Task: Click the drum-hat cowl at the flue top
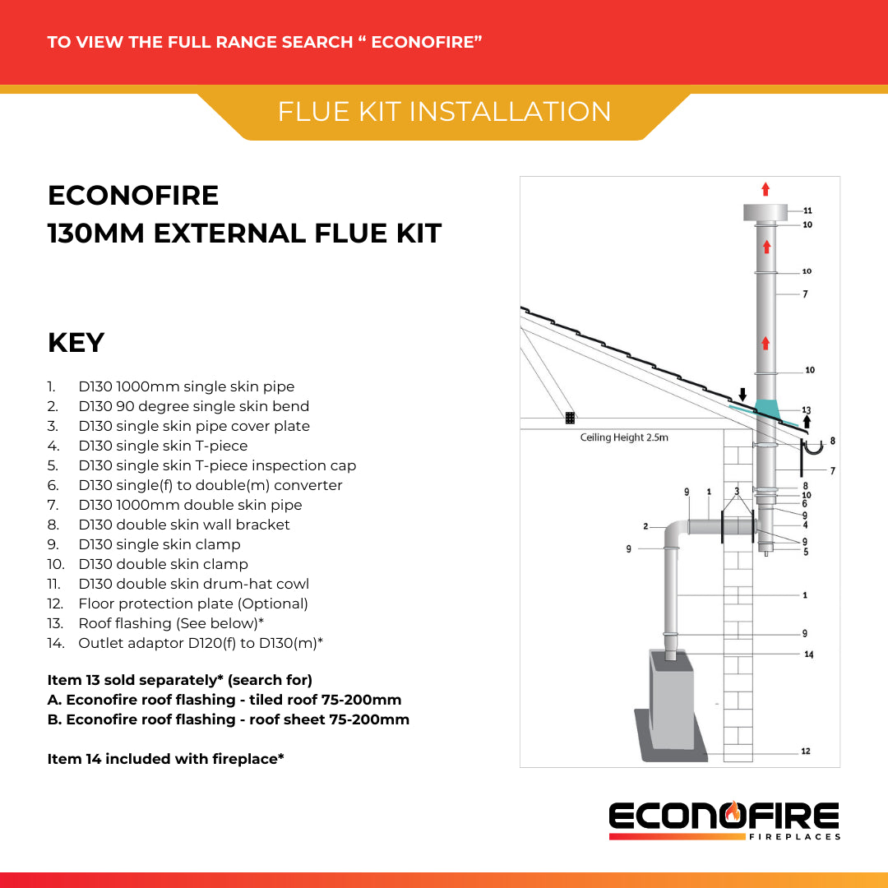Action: tap(765, 212)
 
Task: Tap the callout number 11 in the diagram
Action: tap(807, 211)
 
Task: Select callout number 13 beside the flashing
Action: tap(806, 410)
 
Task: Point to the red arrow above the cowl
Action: tap(765, 189)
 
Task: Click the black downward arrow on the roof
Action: tap(742, 395)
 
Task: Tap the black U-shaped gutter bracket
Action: tap(813, 448)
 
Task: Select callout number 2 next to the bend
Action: tap(646, 525)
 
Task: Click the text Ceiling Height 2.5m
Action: tap(624, 437)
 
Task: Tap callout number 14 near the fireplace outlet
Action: tap(808, 654)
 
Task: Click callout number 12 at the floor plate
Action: tap(805, 751)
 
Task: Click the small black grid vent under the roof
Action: tap(570, 418)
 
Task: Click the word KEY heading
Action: tap(76, 343)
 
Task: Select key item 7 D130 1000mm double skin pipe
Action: tap(190, 505)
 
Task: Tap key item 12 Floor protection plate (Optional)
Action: tap(193, 604)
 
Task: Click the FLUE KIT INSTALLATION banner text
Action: tap(444, 112)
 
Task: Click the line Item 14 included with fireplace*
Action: tap(166, 759)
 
